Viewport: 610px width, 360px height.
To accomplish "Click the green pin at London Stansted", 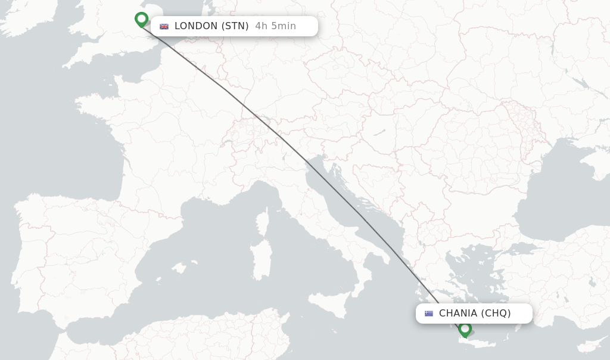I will [141, 19].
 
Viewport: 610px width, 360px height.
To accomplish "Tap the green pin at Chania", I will [465, 328].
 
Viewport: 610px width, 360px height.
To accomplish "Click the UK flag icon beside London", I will [164, 26].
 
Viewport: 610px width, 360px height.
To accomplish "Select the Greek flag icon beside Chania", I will [429, 314].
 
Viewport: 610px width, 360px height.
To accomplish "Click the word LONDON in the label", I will [196, 26].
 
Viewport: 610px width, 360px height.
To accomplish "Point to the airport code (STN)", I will [235, 26].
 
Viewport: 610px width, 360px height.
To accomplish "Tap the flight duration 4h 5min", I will [275, 26].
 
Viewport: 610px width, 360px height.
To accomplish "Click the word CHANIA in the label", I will [458, 314].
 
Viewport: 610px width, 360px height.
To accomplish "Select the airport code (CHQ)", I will [496, 314].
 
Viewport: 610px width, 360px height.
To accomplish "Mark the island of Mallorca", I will [179, 266].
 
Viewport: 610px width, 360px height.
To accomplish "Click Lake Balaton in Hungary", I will [379, 132].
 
